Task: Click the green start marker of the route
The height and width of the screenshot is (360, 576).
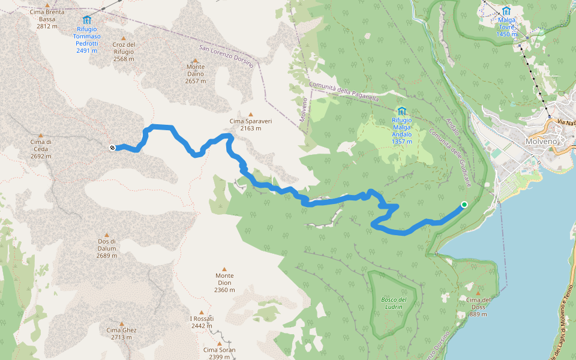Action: tap(464, 205)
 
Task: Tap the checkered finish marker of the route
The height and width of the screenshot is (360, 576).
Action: tap(112, 148)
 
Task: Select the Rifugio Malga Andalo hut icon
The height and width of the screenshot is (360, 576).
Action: tap(401, 111)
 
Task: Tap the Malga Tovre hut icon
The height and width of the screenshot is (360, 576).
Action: tap(506, 11)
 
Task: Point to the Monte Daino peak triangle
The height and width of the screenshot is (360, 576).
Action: tap(195, 58)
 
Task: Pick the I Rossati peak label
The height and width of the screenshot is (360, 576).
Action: tap(201, 322)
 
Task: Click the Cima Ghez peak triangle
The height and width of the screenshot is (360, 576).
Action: tap(121, 322)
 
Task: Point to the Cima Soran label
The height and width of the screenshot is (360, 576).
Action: tap(219, 353)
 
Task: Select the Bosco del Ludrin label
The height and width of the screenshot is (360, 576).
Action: tap(394, 303)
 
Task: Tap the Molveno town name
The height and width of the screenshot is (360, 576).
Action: tap(541, 141)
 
